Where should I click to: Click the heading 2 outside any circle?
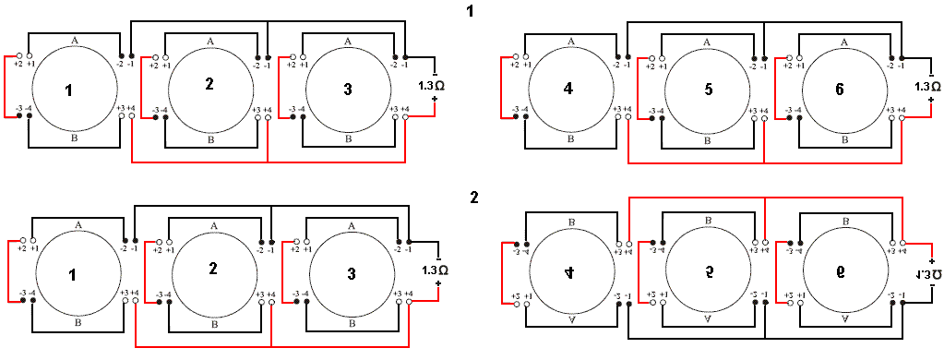474,198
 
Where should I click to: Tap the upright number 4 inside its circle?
568,90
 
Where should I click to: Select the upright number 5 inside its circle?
708,90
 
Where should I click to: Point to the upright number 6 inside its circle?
839,90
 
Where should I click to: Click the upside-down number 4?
569,274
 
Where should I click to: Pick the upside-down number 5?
709,274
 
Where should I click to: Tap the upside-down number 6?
846,274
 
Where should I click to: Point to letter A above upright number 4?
571,42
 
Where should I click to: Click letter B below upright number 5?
708,140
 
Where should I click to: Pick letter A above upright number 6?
845,42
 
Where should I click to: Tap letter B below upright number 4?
571,138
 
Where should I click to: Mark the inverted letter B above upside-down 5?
708,222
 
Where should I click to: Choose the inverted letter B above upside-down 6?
845,222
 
